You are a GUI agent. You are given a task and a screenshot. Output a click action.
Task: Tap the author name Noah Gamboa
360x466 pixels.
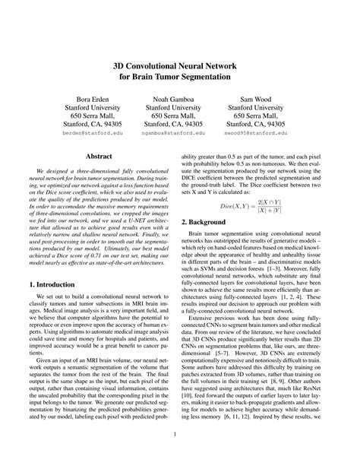tap(173, 100)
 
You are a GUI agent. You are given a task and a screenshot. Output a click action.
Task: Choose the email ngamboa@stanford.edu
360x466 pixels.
tap(173, 132)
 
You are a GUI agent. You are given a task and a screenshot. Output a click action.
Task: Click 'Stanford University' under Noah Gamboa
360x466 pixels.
tap(173, 109)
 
